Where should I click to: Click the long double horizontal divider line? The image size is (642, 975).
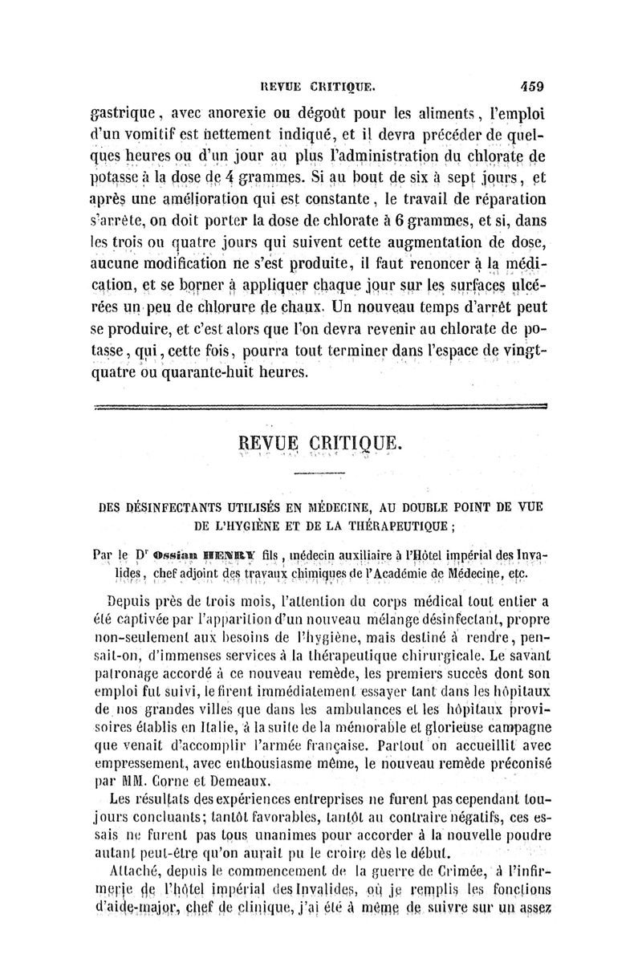click(319, 408)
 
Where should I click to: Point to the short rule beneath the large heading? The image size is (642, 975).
click(319, 476)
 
